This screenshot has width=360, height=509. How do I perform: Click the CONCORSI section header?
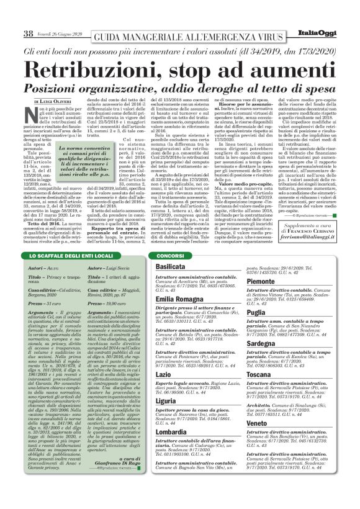171,256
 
